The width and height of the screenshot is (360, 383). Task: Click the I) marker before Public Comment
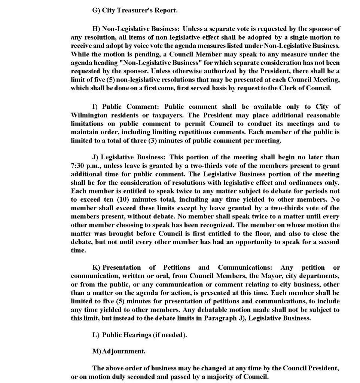pyautogui.click(x=95, y=107)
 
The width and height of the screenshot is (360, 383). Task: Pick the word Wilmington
pyautogui.click(x=89, y=115)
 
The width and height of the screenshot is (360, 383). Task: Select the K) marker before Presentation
pyautogui.click(x=96, y=267)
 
